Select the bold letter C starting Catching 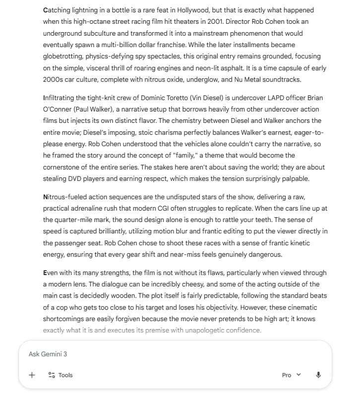coord(46,10)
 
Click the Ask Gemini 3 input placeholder coord(48,354)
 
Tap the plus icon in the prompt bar coord(32,375)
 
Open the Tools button coord(60,375)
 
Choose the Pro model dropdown coord(291,375)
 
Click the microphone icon coord(318,375)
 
